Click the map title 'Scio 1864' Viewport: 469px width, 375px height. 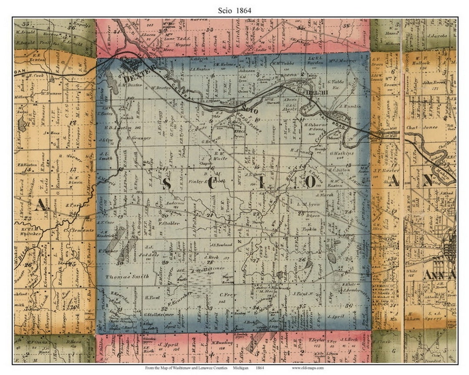pyautogui.click(x=234, y=9)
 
